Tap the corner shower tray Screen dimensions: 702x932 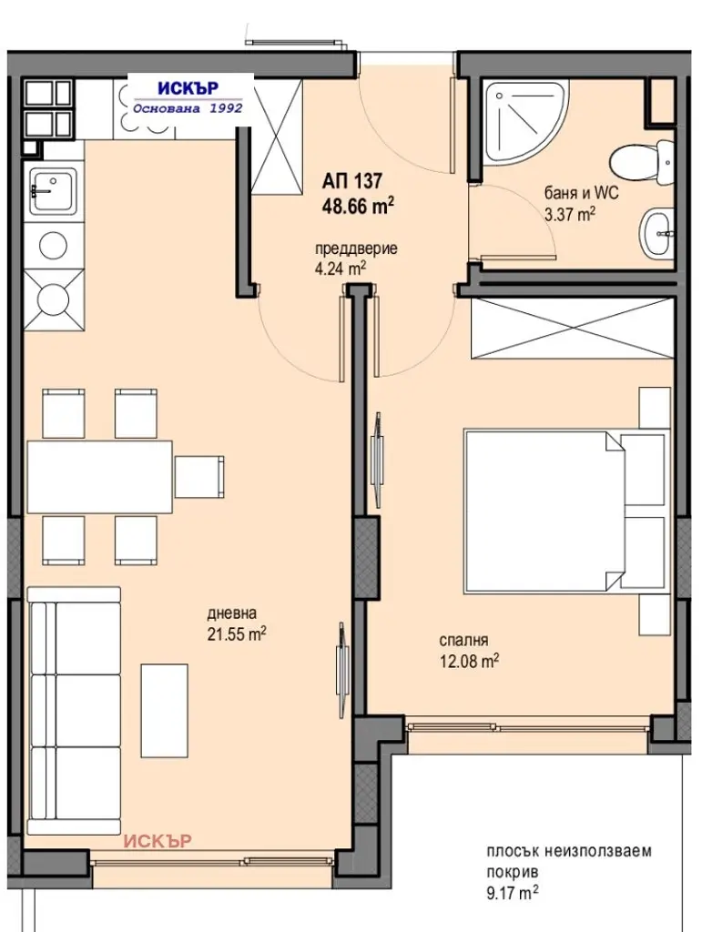(523, 119)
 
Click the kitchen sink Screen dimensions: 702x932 (54, 190)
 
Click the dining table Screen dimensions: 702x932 (99, 477)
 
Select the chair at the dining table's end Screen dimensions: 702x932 (199, 477)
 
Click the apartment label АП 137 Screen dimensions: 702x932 (352, 179)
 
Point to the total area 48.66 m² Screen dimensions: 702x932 (359, 206)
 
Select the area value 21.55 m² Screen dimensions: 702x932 (236, 634)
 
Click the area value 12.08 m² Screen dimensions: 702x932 (468, 661)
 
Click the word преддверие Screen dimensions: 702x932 (356, 248)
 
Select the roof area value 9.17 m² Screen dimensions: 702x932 (513, 892)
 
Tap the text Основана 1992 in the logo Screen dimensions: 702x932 (188, 108)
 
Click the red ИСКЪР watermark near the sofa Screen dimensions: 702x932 (158, 841)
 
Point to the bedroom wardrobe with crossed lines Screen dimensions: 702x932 (573, 328)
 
